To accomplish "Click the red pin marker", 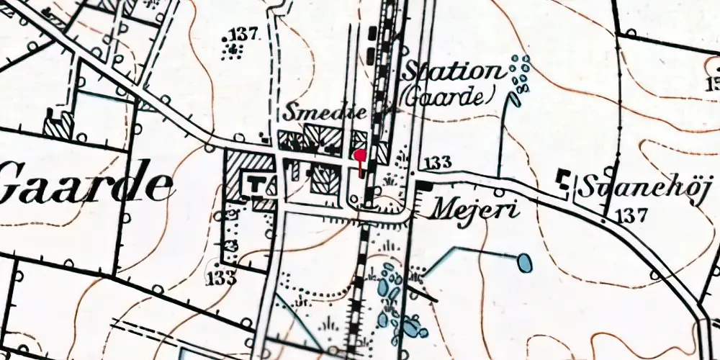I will (x=360, y=154).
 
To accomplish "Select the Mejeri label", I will (x=474, y=208).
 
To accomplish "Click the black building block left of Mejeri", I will (x=425, y=186).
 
